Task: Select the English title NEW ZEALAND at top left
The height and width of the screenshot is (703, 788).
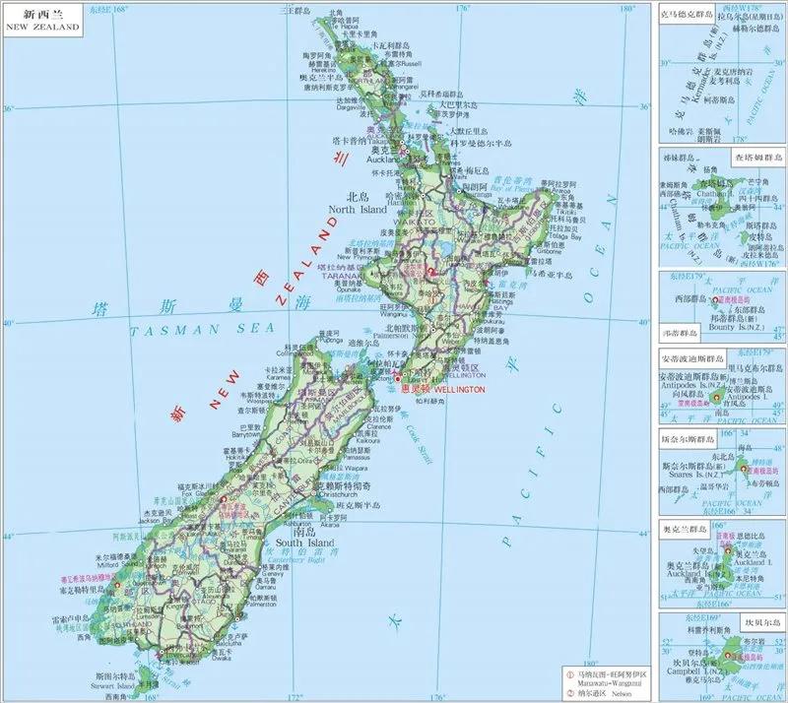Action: click(42, 28)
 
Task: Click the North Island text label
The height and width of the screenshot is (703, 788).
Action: click(359, 210)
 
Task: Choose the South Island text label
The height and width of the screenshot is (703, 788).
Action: click(305, 543)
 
